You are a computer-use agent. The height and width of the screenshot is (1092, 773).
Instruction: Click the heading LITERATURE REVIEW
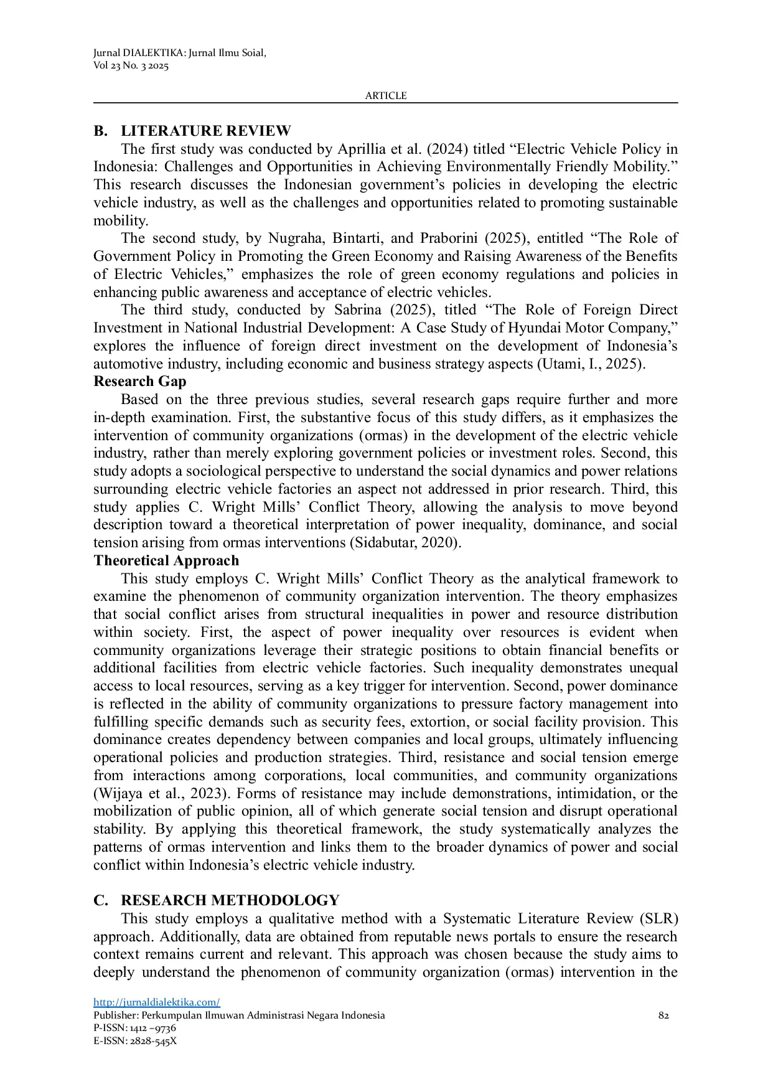205,131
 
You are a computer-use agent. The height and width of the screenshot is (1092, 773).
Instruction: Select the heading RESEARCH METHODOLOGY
230,900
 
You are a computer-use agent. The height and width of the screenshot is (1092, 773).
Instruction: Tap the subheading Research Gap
140,382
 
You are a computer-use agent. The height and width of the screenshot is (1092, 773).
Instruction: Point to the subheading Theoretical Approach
166,560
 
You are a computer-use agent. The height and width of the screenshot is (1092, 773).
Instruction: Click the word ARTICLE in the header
386,96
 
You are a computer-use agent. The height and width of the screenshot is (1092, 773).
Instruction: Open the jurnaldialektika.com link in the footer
157,1002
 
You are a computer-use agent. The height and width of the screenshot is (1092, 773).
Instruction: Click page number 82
663,1015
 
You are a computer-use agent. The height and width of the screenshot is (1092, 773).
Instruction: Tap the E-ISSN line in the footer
135,1040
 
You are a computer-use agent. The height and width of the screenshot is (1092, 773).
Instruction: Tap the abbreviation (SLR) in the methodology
658,919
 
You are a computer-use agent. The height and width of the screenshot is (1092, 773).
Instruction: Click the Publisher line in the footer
239,1015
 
